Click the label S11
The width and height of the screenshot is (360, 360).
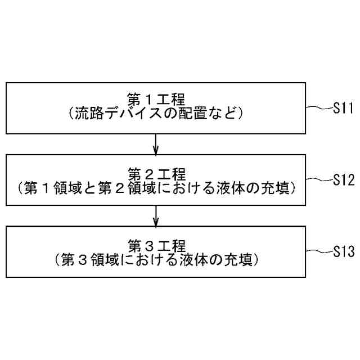tap(342, 109)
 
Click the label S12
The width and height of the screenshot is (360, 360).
tap(342, 180)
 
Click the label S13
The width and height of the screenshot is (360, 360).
tap(342, 250)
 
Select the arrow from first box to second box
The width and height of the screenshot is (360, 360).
tap(156, 145)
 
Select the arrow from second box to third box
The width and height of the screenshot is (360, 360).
tap(156, 215)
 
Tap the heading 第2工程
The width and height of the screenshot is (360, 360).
tap(156, 172)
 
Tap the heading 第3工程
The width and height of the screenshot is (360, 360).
tap(156, 245)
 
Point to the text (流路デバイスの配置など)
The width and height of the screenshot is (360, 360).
tap(156, 114)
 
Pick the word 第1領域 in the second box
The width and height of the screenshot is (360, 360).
tap(47, 187)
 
